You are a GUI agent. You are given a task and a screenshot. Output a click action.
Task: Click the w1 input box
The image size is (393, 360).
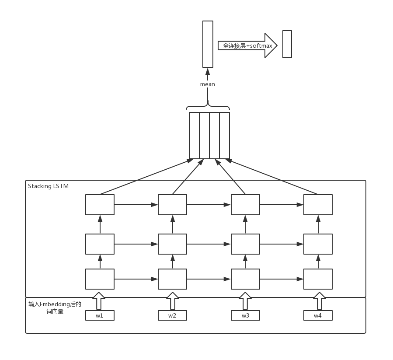[x=100, y=315]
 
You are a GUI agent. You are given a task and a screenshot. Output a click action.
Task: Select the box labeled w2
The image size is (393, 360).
[x=172, y=315]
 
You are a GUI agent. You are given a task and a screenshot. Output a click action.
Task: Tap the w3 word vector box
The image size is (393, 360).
[x=245, y=315]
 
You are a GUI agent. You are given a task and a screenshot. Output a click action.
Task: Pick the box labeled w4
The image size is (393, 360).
[x=318, y=315]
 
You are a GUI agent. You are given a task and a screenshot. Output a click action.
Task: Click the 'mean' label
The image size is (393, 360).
[x=208, y=84]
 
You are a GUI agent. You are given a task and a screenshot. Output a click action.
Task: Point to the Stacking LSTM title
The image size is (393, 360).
[x=48, y=186]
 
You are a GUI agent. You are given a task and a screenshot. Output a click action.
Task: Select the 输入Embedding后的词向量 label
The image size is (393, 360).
[x=55, y=308]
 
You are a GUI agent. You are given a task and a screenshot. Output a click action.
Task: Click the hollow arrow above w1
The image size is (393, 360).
[x=100, y=301]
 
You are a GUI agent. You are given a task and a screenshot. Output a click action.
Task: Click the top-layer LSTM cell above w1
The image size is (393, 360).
[x=100, y=205]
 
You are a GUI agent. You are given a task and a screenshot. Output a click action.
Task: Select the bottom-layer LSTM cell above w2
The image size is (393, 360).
[x=172, y=279]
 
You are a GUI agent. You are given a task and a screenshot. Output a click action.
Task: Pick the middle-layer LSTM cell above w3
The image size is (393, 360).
[x=245, y=244]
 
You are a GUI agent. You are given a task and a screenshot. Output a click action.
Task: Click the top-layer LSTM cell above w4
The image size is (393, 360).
[x=318, y=205]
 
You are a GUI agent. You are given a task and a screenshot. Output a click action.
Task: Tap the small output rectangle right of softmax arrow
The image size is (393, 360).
[x=287, y=44]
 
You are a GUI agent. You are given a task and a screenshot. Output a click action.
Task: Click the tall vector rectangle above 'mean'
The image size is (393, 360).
[x=208, y=44]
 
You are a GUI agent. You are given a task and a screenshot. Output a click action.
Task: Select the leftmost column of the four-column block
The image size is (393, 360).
[x=194, y=136]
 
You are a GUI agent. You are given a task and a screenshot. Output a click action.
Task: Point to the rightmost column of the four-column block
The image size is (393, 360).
[x=225, y=136]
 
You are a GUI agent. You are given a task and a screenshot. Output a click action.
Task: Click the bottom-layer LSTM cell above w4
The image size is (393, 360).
[x=318, y=279]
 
